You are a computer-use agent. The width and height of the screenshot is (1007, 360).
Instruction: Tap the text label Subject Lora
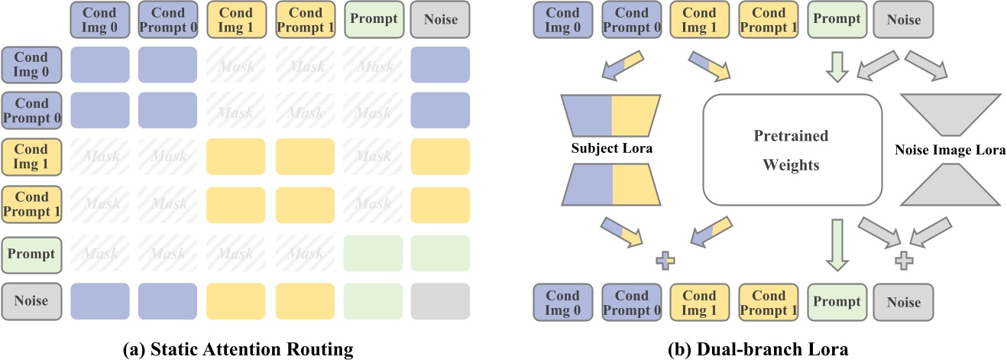[x=611, y=148]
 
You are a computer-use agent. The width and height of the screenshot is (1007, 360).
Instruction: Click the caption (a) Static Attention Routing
[x=238, y=349]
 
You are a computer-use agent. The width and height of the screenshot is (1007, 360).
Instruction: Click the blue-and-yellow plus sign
[x=665, y=262]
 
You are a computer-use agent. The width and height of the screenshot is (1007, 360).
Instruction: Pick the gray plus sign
[x=904, y=260]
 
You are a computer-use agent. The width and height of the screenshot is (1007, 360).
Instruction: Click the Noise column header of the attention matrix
[x=440, y=18]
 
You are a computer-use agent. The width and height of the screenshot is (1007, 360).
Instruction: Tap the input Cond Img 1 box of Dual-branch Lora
[x=698, y=18]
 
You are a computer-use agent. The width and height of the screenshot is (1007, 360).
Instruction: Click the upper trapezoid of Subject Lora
[x=611, y=114]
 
